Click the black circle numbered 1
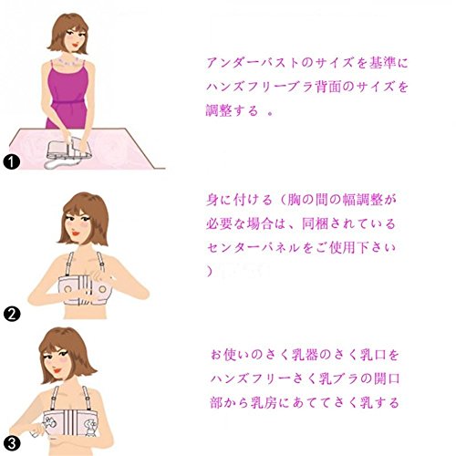tap(12, 162)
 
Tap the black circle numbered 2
tap(12, 314)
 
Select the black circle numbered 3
tap(12, 444)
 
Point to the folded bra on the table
tap(68, 151)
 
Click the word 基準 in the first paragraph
tap(383, 63)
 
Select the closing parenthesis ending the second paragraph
tap(210, 271)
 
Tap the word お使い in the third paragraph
tap(229, 355)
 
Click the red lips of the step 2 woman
tap(76, 233)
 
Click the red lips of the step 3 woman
tap(57, 371)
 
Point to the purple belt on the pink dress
tap(68, 102)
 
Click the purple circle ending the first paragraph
tap(270, 113)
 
